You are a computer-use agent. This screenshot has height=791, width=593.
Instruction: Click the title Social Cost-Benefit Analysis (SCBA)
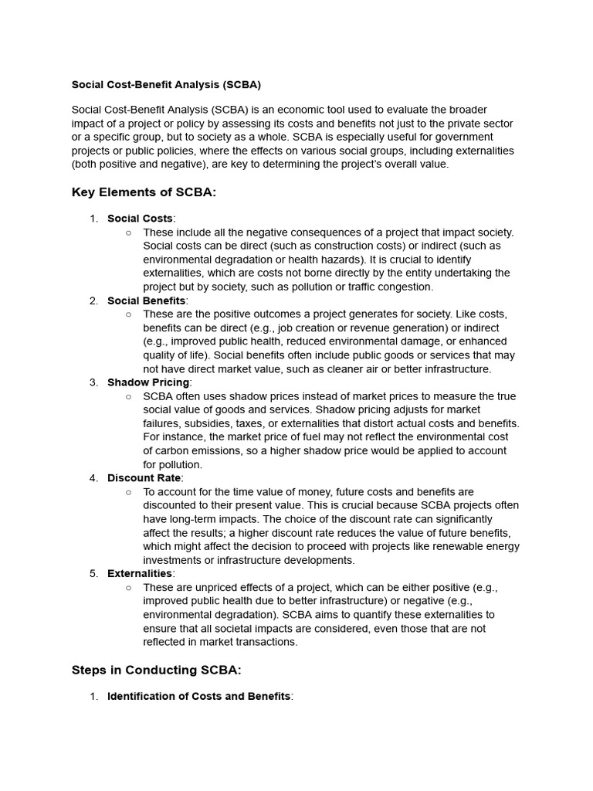(166, 84)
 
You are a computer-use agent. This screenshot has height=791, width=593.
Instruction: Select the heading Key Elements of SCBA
(144, 192)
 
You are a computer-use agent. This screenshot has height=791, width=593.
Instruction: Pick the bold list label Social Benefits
(147, 300)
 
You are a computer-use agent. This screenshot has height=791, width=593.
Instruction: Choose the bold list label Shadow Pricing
(148, 382)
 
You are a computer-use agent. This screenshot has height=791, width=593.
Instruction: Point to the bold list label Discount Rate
(144, 478)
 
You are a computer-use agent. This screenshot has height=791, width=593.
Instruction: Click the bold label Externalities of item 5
(140, 573)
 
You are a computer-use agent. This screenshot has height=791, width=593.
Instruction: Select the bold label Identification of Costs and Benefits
(199, 696)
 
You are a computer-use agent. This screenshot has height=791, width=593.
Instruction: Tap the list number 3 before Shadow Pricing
(93, 382)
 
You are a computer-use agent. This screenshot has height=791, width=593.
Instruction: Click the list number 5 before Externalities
(93, 573)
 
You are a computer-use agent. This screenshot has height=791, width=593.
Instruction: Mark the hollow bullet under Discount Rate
(127, 492)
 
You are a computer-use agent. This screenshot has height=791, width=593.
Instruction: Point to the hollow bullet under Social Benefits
(127, 314)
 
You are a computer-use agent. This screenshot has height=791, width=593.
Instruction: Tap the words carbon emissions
(198, 451)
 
